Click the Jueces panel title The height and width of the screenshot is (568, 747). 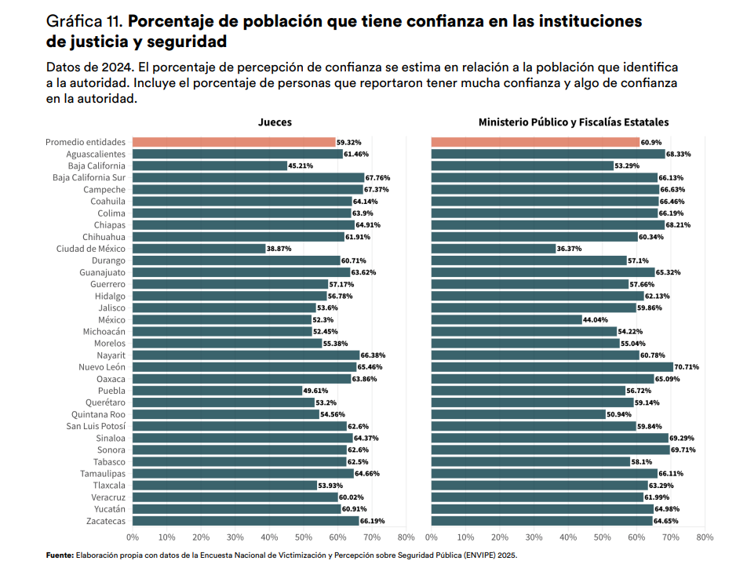pyautogui.click(x=275, y=122)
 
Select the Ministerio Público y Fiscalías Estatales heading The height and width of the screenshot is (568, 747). pyautogui.click(x=573, y=122)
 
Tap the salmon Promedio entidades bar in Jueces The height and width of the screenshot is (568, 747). pyautogui.click(x=234, y=142)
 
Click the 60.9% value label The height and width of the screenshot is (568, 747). pyautogui.click(x=651, y=142)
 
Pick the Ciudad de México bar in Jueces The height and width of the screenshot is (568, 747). pyautogui.click(x=199, y=249)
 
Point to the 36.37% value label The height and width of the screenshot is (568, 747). pyautogui.click(x=569, y=249)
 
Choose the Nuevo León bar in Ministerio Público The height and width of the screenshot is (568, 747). pyautogui.click(x=552, y=367)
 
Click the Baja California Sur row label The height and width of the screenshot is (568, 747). pyautogui.click(x=89, y=177)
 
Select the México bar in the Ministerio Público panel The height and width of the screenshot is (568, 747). pyautogui.click(x=506, y=319)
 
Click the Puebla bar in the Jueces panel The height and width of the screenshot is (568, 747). pyautogui.click(x=217, y=391)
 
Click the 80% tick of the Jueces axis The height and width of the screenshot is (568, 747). pyautogui.click(x=406, y=537)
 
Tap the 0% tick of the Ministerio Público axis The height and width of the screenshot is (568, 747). pyautogui.click(x=432, y=537)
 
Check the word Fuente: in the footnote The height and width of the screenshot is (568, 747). pyautogui.click(x=60, y=555)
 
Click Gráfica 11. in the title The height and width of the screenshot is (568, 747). pyautogui.click(x=85, y=21)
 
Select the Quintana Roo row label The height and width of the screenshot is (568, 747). pyautogui.click(x=98, y=414)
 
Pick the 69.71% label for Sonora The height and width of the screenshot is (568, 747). pyautogui.click(x=683, y=450)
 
